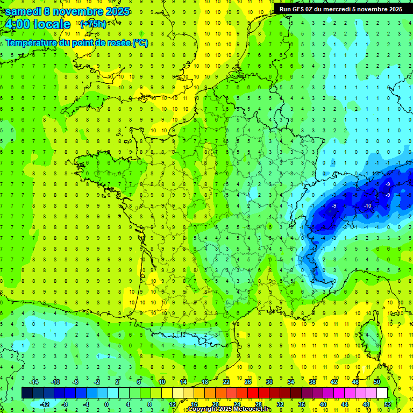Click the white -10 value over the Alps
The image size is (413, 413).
point(368,206)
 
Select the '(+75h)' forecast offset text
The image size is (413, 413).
point(92,24)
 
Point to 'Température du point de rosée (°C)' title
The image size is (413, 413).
point(76,43)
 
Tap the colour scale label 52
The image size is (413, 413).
point(387,404)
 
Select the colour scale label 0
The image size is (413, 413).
point(106,404)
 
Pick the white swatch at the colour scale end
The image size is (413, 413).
point(382,393)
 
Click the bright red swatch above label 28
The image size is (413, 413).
point(253,393)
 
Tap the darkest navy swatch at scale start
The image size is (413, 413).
point(27,393)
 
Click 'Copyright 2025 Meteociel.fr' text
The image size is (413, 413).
point(229,409)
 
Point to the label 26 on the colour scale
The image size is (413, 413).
point(247,381)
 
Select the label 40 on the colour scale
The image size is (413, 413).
point(323,404)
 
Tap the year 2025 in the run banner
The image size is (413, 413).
point(394,9)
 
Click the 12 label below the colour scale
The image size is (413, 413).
point(172,404)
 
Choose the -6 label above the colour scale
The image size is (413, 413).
point(76,381)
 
